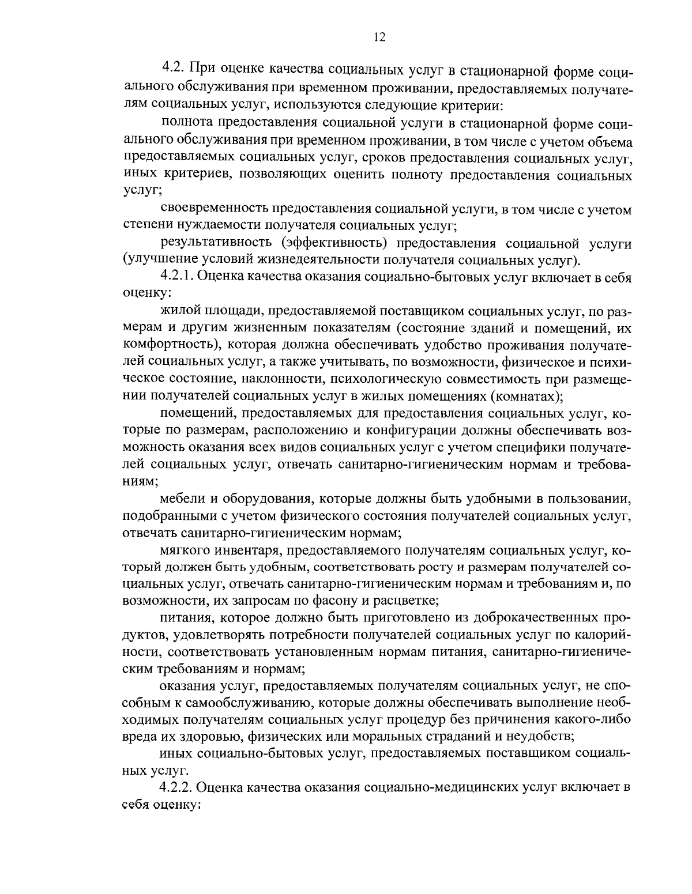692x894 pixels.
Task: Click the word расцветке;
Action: click(406, 601)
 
